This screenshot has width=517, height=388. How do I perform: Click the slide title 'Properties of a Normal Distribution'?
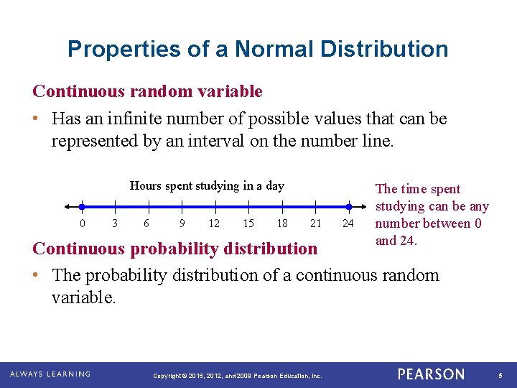258,49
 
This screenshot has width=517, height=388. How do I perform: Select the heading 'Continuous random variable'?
147,92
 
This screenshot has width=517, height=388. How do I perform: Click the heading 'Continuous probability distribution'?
174,249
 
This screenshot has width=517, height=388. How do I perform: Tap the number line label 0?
82,223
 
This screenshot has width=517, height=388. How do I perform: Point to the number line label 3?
115,223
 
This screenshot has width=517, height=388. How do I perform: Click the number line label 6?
146,223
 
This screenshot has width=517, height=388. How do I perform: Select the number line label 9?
182,223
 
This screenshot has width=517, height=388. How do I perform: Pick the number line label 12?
214,223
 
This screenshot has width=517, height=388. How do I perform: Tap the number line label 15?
248,223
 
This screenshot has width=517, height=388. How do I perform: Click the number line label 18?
282,223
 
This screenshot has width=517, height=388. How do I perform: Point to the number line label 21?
315,223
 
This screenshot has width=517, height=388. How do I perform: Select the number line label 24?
348,223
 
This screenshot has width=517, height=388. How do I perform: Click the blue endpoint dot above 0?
82,206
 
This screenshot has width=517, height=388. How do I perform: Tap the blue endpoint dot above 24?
348,206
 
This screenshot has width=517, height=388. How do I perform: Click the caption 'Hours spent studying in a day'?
207,186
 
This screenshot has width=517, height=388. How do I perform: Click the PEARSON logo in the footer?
431,374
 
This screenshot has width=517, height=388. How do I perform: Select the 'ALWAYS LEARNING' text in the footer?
50,374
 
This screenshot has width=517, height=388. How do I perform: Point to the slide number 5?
500,375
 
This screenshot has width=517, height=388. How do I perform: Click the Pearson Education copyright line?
238,376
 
